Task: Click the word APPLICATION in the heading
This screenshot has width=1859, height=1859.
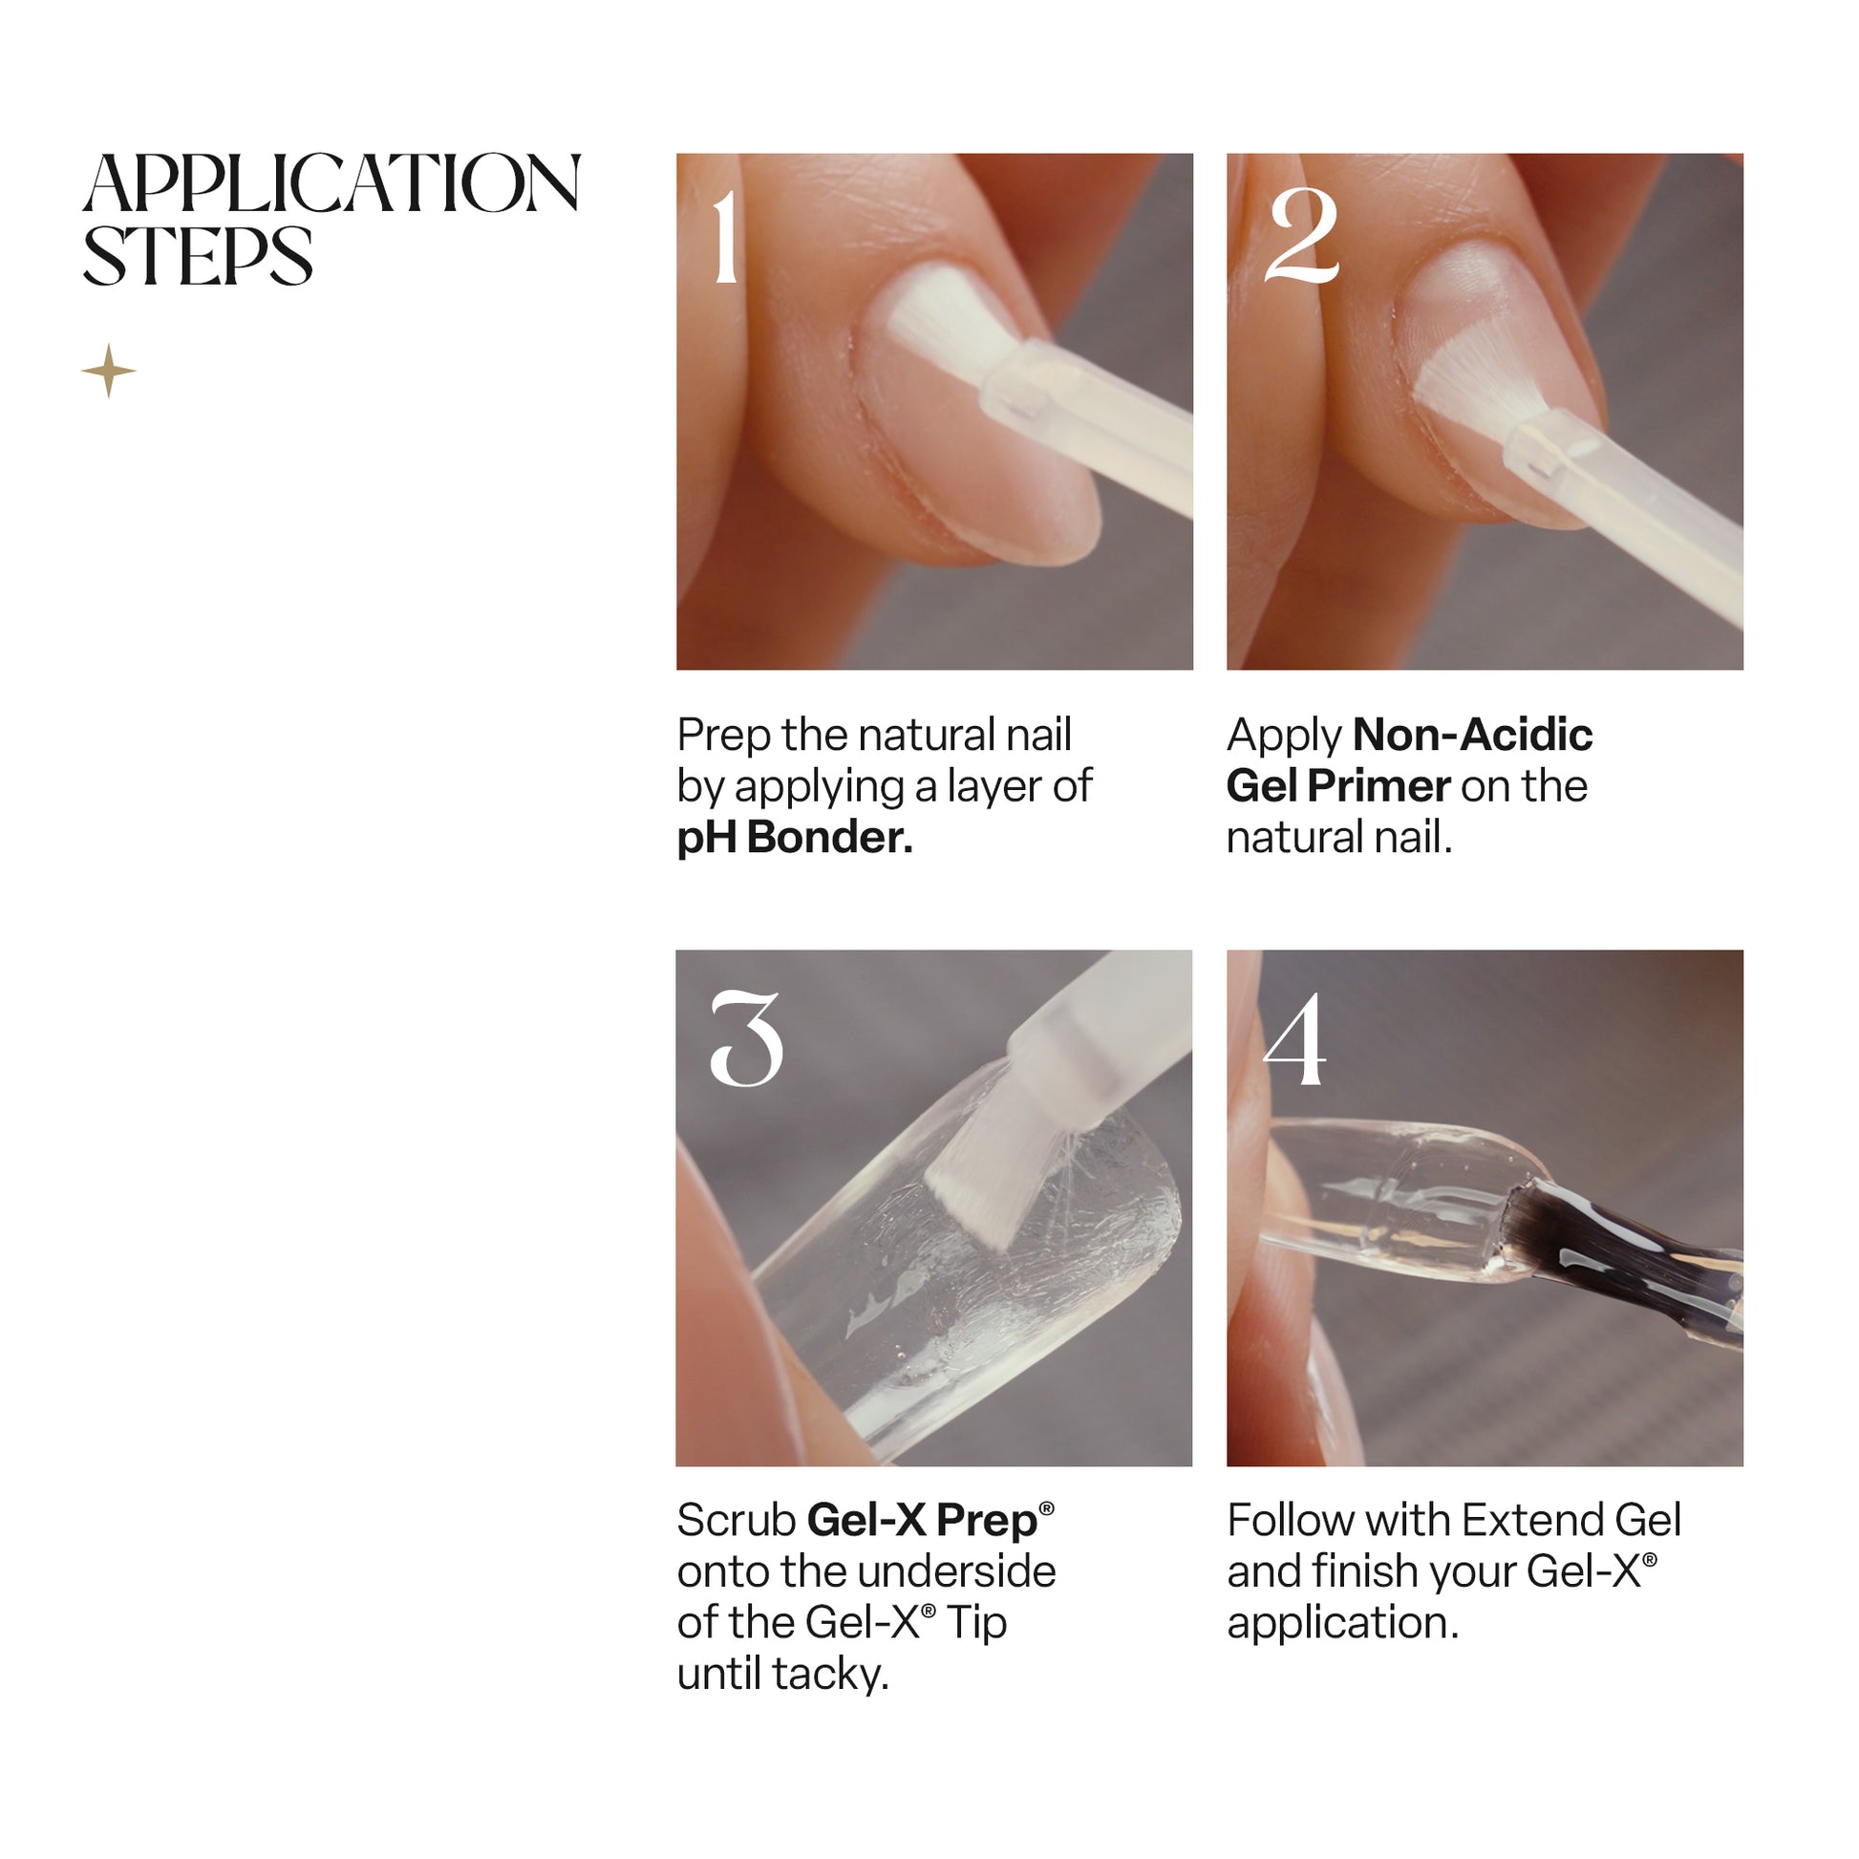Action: click(332, 182)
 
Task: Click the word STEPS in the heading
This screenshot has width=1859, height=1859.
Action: click(198, 256)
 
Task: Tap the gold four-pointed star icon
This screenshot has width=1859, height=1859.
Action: click(109, 371)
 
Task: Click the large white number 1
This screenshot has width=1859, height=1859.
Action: click(726, 237)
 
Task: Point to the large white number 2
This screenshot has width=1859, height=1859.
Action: click(1301, 237)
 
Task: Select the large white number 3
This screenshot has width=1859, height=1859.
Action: click(747, 1039)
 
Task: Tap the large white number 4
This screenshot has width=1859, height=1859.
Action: click(1295, 1039)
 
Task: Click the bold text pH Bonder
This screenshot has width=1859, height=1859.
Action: click(795, 838)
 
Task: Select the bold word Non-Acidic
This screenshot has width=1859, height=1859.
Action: click(1472, 736)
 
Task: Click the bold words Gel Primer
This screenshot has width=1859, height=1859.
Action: click(1338, 786)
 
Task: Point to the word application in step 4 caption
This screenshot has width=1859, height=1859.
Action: click(1343, 1624)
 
